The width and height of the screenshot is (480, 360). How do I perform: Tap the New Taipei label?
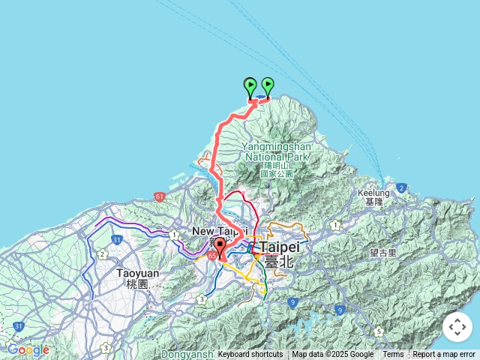click(219, 231)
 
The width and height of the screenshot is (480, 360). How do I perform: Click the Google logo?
click(28, 349)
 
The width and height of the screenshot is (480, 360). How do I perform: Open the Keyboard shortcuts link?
click(250, 355)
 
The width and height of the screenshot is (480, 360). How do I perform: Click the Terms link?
click(393, 355)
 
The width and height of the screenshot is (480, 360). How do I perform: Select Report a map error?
click(444, 355)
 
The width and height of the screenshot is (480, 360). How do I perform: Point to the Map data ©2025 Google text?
click(332, 355)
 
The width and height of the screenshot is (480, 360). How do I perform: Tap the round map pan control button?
click(457, 327)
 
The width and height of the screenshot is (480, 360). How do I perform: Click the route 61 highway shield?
click(160, 196)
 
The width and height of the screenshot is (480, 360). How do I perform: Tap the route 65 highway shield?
click(213, 256)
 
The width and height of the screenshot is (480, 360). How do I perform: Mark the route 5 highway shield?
click(379, 331)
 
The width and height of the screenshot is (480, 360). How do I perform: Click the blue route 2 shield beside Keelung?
click(402, 187)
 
